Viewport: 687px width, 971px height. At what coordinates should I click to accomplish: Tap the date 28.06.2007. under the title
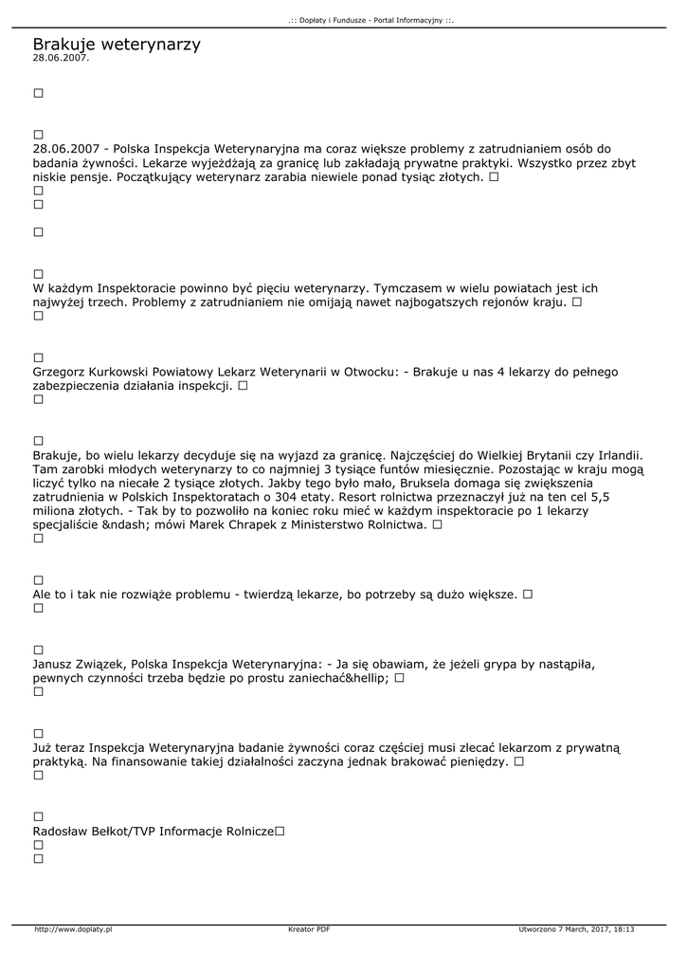point(61,58)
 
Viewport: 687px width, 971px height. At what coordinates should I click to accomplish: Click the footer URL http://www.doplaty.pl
point(73,929)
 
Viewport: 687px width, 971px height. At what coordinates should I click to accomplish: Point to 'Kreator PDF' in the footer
point(309,929)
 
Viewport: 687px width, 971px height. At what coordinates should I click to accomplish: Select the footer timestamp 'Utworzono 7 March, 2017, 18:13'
point(577,929)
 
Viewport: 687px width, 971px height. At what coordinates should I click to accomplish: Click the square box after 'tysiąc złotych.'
point(495,177)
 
